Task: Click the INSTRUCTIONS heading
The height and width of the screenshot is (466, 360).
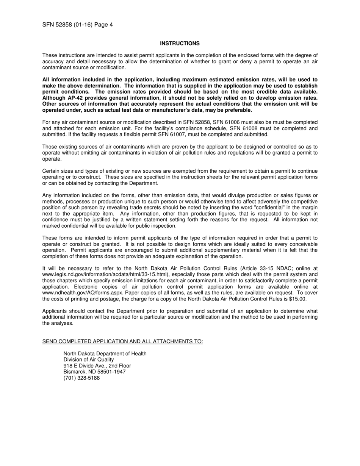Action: [180, 44]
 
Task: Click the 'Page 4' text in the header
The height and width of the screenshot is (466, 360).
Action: [103, 25]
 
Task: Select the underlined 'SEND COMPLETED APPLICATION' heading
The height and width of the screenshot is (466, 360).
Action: [122, 342]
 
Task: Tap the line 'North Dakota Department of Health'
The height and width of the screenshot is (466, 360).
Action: [105, 354]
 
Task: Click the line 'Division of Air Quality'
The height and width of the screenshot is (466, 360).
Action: [88, 360]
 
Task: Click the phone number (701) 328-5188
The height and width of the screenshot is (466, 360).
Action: [81, 378]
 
